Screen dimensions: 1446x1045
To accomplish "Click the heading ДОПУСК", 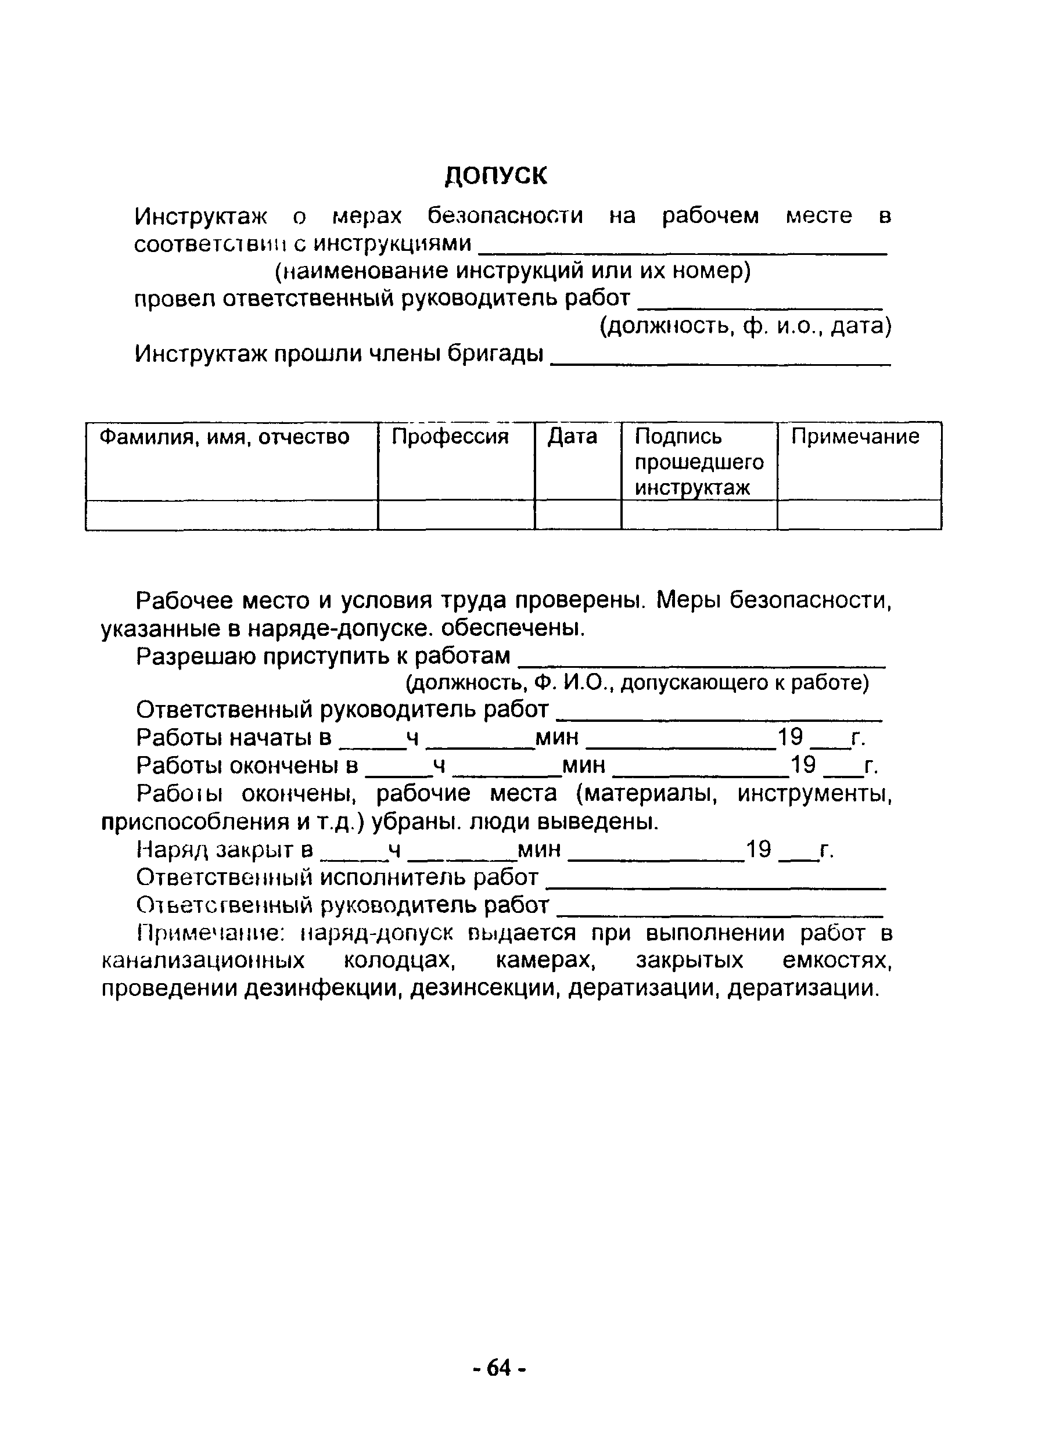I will pos(495,175).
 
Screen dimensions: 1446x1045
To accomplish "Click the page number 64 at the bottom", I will pos(500,1368).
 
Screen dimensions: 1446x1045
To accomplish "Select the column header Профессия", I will pos(450,437).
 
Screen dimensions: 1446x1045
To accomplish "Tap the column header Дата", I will pos(573,437).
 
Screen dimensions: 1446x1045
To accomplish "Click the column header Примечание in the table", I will pos(856,437).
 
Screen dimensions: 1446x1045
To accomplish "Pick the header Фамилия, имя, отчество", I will pos(224,437).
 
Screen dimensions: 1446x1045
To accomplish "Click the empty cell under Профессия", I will pos(456,515).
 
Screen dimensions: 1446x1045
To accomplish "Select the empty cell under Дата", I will pos(577,515).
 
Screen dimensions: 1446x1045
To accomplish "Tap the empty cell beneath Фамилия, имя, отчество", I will pos(231,515).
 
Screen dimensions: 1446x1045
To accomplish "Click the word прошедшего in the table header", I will pos(699,462).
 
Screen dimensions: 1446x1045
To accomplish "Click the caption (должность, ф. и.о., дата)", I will pos(745,326).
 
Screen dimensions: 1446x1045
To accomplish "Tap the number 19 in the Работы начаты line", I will pos(791,738).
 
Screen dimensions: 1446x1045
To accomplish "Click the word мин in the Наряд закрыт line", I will pos(540,850).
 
